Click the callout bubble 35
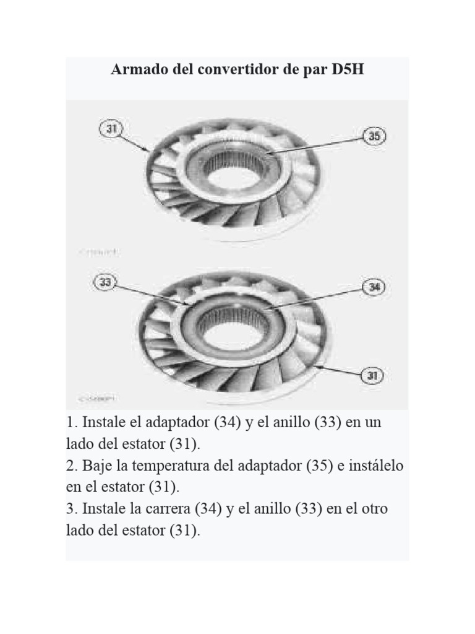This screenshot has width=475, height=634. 374,136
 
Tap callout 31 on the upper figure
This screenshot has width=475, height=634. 111,129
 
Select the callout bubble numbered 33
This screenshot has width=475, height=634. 106,282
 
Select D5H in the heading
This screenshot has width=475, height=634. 347,69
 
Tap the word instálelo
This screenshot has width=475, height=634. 371,466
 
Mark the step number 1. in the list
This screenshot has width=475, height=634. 71,423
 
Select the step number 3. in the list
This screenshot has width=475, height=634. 71,508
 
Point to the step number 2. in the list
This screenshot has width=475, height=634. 71,466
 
